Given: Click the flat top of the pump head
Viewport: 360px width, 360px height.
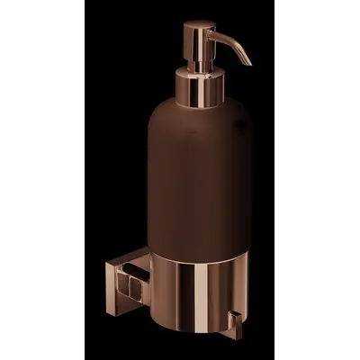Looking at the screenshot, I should tap(196, 22).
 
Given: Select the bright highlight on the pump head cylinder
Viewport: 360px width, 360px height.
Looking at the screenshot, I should tap(191, 40).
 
